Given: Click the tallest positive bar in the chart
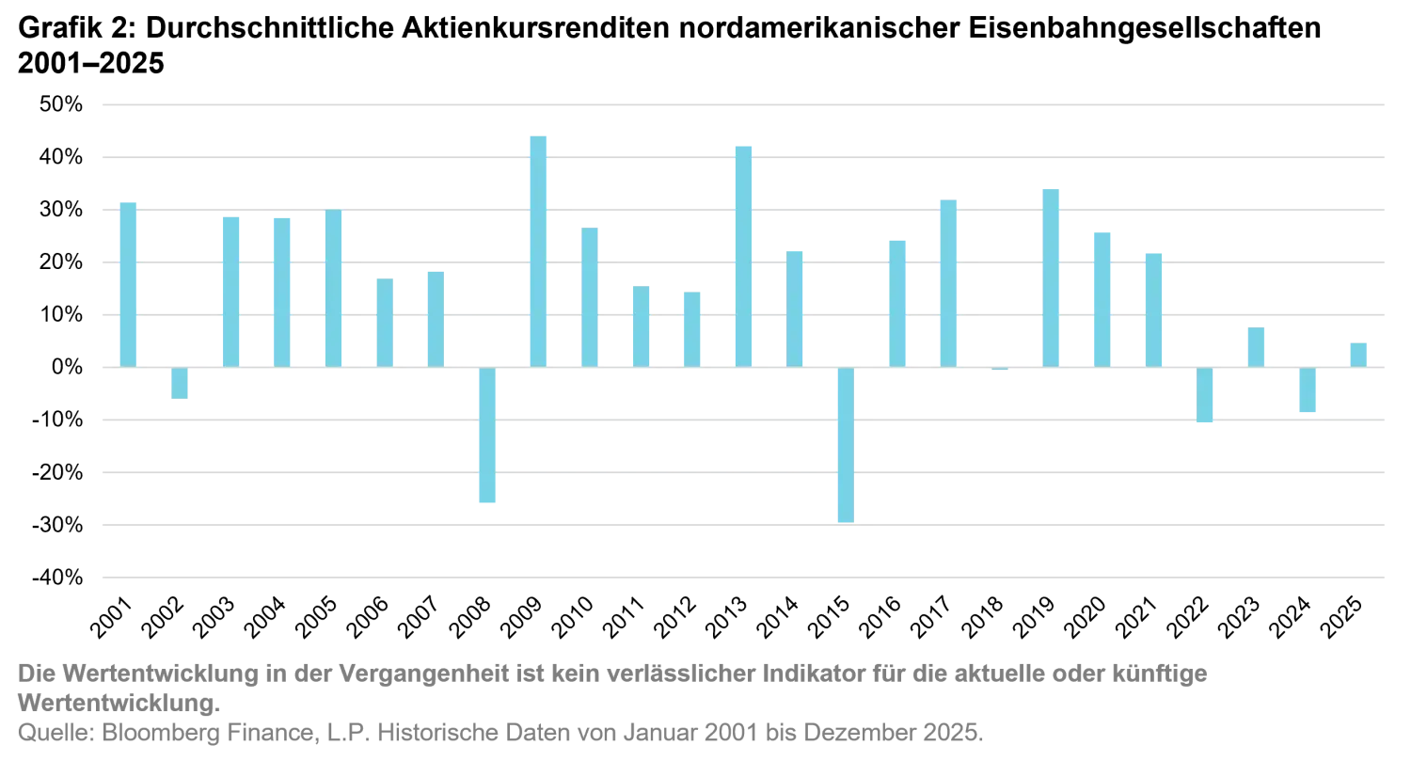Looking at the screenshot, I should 538,250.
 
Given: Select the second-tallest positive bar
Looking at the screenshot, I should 741,254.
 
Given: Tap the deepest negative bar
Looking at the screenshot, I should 846,444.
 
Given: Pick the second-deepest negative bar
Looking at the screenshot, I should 485,435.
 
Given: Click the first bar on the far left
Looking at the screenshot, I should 127,281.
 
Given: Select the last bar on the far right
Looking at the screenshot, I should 1357,353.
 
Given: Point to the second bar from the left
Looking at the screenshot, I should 177,382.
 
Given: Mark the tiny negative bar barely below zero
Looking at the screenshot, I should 997,371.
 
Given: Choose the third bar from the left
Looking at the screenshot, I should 230,289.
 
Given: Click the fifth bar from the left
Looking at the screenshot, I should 334,287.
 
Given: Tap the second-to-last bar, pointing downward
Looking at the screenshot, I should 1306,389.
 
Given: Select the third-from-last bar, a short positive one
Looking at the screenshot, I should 1257,344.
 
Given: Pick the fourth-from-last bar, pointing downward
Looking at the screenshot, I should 1207,396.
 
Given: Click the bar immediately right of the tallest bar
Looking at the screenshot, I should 590,295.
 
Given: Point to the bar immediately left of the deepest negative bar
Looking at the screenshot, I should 794,307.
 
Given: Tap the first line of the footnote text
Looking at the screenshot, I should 611,674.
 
